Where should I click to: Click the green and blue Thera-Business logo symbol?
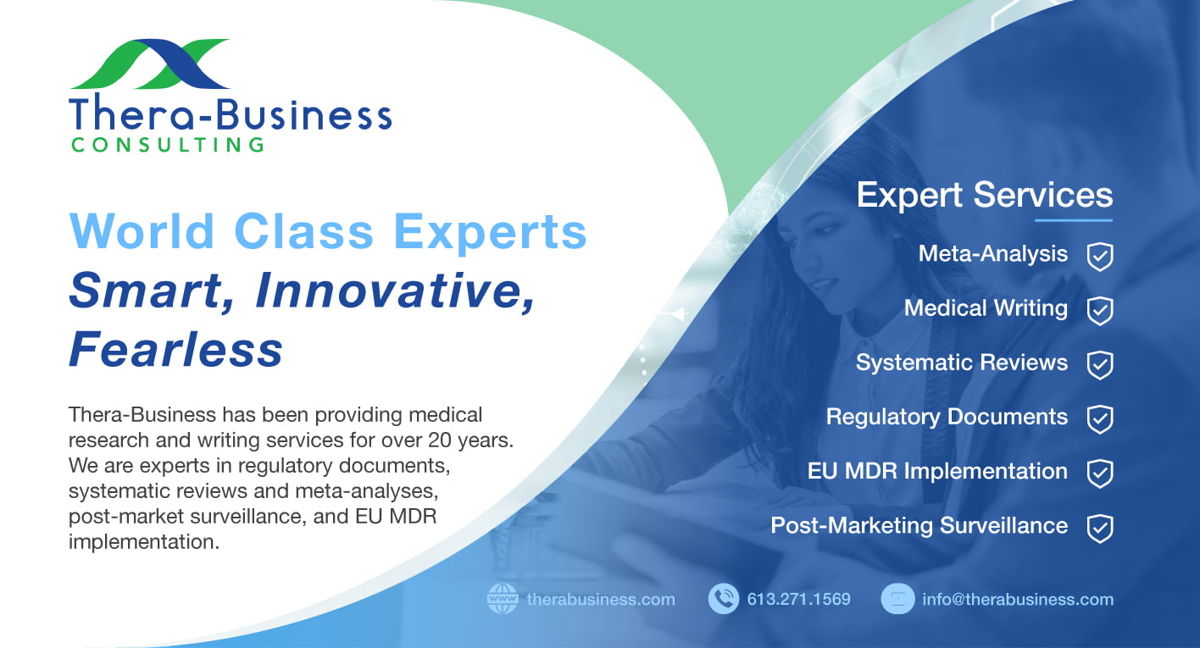coord(150,64)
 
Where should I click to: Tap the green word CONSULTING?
coord(168,145)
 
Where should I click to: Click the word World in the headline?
coord(142,231)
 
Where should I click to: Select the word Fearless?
coord(175,349)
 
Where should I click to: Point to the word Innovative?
coord(395,291)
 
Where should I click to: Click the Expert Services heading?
coord(985,195)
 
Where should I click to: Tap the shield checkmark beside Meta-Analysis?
coord(1100,257)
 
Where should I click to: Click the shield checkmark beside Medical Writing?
coord(1100,311)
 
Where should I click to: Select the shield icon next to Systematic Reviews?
coord(1100,365)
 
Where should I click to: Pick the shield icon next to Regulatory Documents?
coord(1100,419)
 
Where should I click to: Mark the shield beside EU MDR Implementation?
coord(1100,474)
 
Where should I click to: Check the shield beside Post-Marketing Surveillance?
coord(1100,529)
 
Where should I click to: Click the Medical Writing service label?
coord(986,308)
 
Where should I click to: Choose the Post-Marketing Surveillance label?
coord(919,525)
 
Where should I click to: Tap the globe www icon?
coord(503,599)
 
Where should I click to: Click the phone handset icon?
coord(724,599)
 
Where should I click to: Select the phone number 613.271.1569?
coord(799,599)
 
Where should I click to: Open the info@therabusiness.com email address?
coord(1018,599)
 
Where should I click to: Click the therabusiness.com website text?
coord(601,599)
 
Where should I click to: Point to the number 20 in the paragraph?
coord(439,440)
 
